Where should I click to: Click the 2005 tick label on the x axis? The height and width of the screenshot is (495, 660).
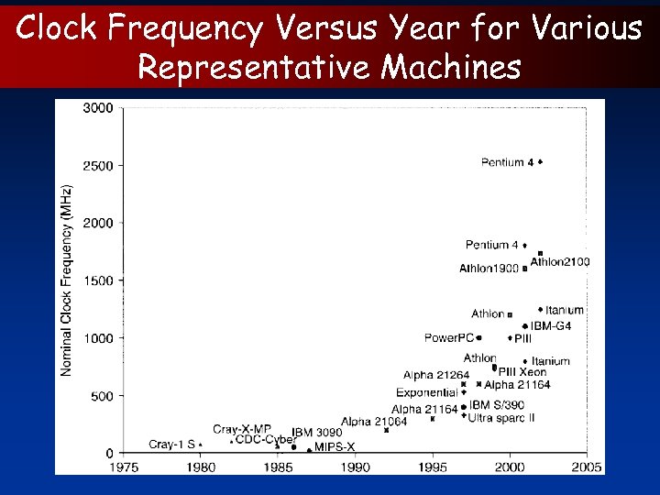pos(587,467)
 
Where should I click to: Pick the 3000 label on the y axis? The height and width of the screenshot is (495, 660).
pos(98,108)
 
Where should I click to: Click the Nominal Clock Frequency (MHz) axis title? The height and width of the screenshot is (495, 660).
pos(67,280)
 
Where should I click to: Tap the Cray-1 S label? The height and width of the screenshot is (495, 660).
pos(171,445)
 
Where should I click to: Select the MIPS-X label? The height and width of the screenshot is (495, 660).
pos(335,447)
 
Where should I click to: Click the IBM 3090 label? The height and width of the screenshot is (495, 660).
pos(317,433)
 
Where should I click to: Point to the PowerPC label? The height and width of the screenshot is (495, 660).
pos(447,338)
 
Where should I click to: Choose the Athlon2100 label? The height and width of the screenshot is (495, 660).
pos(560,262)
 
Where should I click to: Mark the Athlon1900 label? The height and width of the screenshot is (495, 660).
pos(489,269)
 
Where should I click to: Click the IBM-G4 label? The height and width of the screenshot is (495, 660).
pos(551,325)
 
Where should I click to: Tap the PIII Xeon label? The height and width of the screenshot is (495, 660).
pos(522,372)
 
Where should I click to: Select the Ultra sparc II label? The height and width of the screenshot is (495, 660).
pos(501,417)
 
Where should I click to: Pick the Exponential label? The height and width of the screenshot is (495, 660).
pos(426,393)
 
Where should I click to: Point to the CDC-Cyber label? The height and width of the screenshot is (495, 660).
pos(264,440)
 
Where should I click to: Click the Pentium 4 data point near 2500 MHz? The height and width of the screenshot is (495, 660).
pos(541,162)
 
